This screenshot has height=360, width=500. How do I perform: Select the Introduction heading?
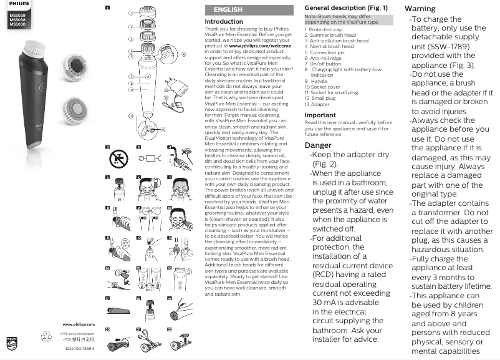tap(224, 21)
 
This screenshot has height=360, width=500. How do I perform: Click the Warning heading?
tap(420, 9)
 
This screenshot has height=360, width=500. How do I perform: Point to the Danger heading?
tap(318, 145)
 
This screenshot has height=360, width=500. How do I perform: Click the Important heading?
tap(320, 115)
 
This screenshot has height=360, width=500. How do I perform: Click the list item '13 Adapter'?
tap(318, 104)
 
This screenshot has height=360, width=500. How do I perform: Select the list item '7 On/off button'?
tap(322, 64)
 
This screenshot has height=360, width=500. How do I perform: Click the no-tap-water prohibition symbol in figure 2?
tap(115, 160)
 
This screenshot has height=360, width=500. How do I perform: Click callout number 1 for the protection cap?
tap(131, 12)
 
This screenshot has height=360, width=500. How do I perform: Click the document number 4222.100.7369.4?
tap(79, 348)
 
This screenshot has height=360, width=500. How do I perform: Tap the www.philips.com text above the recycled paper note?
tap(79, 324)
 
